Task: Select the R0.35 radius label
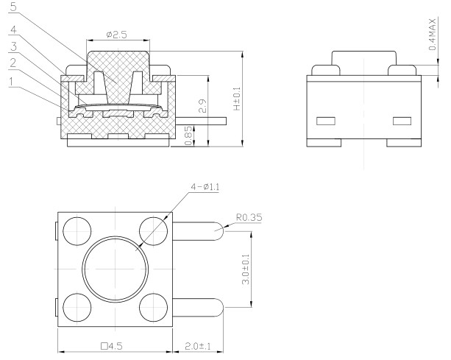[250, 218]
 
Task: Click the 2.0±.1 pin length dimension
[196, 344]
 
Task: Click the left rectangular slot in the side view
[325, 120]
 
